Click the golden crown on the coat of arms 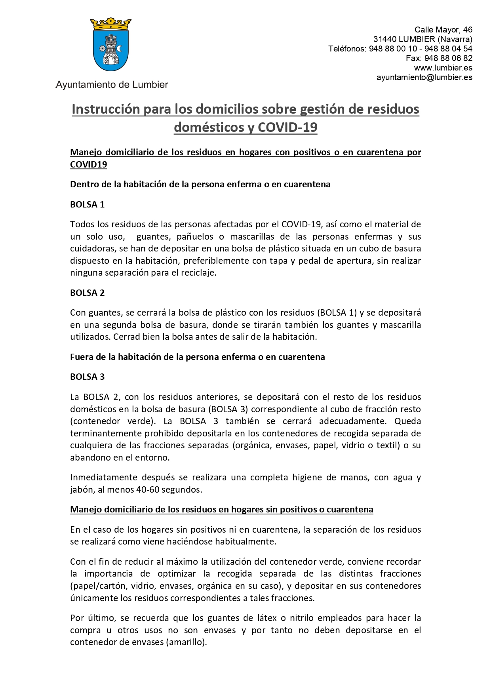(x=111, y=25)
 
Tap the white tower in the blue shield (x=111, y=50)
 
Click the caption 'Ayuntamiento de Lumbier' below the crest (x=112, y=85)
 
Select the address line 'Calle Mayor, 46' (x=443, y=30)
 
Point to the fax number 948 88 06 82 (x=448, y=58)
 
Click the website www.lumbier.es (x=443, y=68)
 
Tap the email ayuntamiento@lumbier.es (x=424, y=77)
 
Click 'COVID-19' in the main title (x=287, y=127)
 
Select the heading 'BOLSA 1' (x=87, y=204)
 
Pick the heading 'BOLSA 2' (x=87, y=293)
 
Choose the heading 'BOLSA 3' (x=87, y=377)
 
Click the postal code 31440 (x=385, y=39)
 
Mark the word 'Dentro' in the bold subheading (x=84, y=184)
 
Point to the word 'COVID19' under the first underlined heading (x=88, y=164)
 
